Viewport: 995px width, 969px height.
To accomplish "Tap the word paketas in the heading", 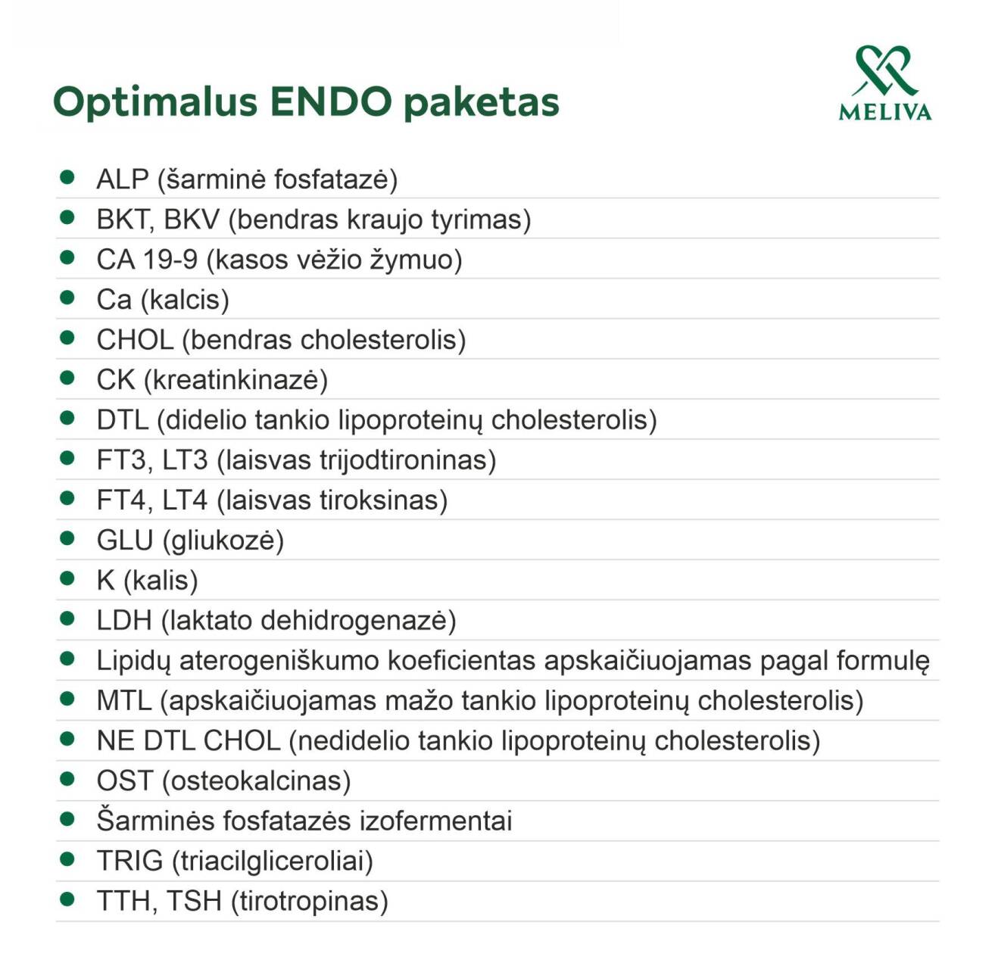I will [x=482, y=102].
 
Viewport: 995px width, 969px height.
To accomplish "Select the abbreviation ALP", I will [x=122, y=179].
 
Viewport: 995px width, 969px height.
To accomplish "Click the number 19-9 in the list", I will [x=170, y=260].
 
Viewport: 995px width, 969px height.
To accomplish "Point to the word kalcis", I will [x=185, y=300].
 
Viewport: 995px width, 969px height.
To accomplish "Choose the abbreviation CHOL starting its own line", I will [x=135, y=340].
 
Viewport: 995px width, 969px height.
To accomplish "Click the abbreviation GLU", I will [x=125, y=541].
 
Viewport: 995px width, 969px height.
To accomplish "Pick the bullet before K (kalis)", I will [x=67, y=579].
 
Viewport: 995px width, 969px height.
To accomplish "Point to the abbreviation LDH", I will [x=124, y=621].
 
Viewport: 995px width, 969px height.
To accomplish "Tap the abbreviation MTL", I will [x=123, y=701].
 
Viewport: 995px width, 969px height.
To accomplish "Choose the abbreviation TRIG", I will [x=129, y=862].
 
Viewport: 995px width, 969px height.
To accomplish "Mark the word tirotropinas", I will [x=310, y=902].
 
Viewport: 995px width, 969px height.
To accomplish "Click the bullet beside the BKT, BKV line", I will [x=67, y=218].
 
